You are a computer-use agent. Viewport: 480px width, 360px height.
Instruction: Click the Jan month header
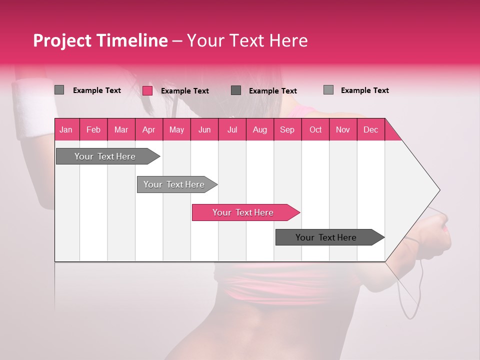[66, 129]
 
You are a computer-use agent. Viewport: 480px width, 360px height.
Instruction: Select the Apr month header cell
[149, 129]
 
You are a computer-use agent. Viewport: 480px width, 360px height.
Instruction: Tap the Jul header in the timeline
[232, 129]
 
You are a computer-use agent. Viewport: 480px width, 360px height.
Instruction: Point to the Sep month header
[287, 129]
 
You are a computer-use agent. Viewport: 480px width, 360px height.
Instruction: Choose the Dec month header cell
[370, 129]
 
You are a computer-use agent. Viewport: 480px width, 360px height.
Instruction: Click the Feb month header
[93, 129]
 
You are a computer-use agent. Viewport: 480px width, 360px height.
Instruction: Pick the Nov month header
[343, 129]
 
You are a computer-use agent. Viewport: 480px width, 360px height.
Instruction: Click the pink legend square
[147, 90]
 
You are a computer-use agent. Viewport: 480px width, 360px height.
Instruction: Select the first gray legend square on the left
[59, 90]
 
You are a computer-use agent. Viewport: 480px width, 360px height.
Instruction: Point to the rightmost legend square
[328, 90]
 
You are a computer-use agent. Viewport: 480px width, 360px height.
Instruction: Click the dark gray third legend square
[236, 90]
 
